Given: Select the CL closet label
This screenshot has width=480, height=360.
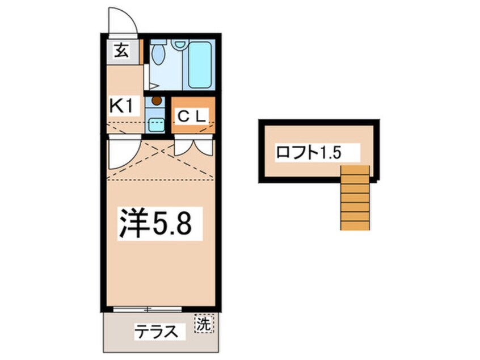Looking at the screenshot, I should pos(193,116).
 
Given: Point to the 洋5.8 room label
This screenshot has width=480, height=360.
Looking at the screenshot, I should pos(153,223).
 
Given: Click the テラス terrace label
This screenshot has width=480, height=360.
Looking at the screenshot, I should pos(152,331).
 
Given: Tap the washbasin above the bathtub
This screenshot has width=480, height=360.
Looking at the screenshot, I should pos(180,44).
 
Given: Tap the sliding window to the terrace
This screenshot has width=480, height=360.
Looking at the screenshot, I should pos(147,310).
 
